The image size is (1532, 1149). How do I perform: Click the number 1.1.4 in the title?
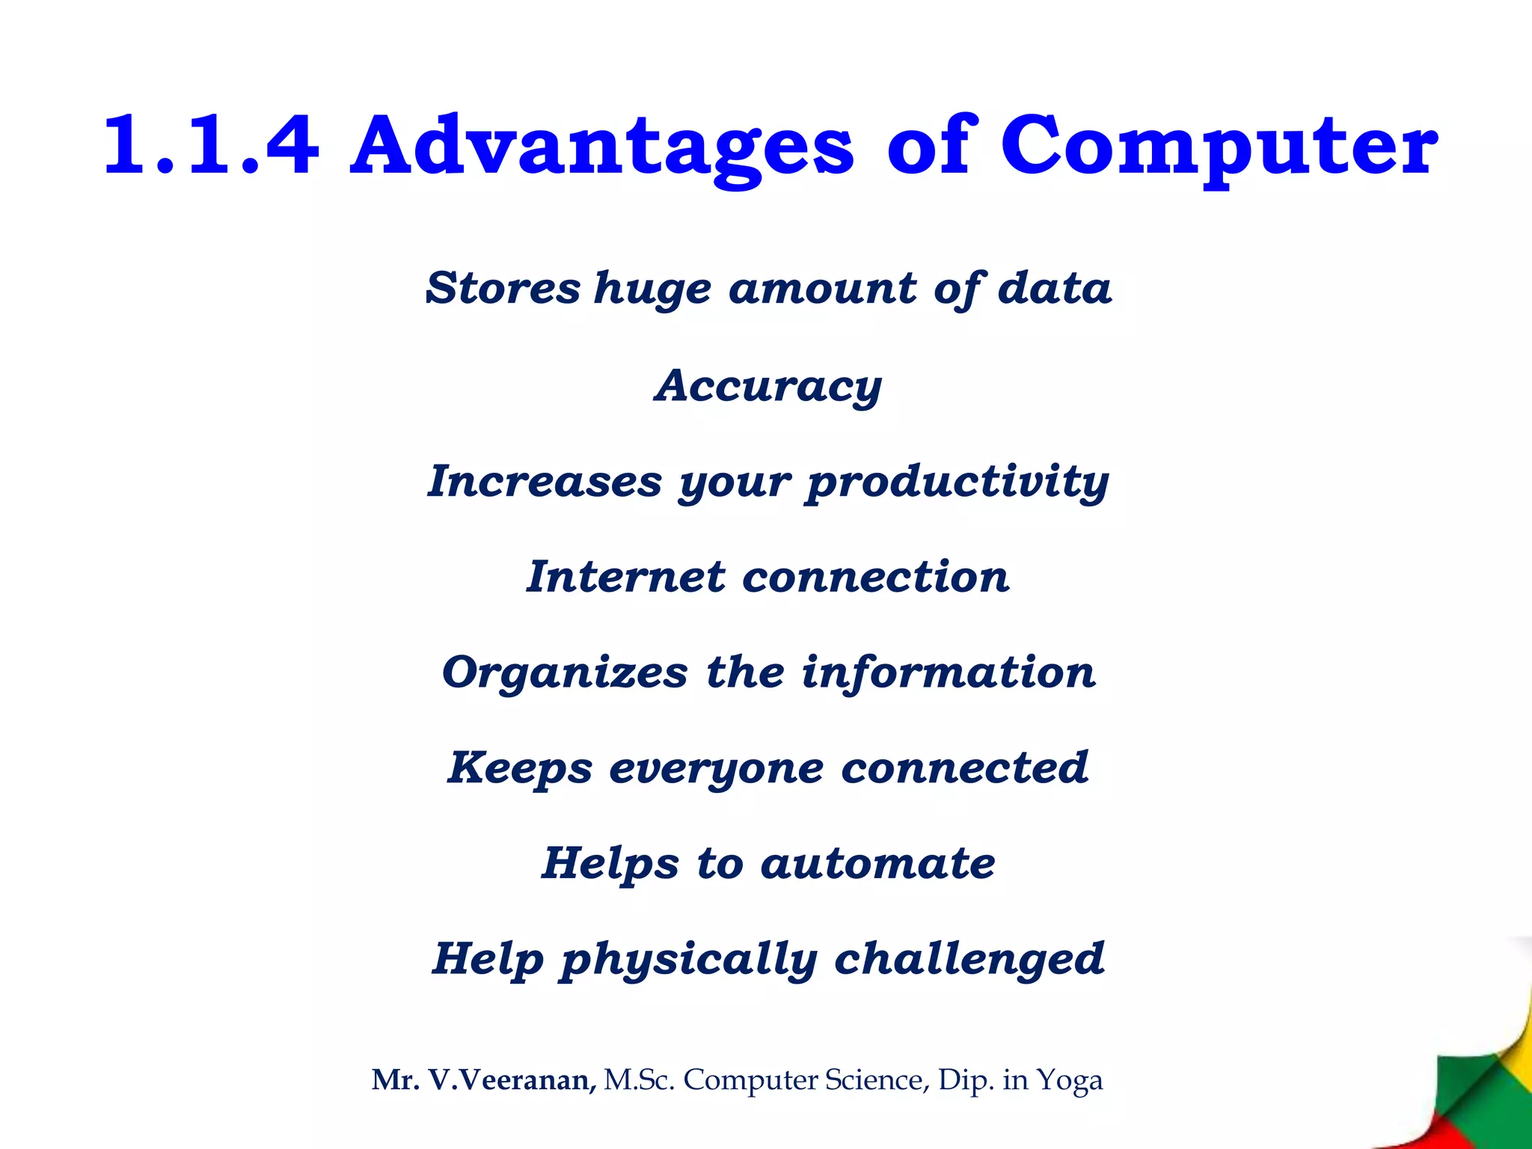point(212,145)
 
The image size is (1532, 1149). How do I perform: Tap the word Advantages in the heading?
point(601,145)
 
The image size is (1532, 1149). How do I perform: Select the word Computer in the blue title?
point(1218,145)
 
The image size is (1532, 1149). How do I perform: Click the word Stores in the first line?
point(503,288)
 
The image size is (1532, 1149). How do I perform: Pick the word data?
point(1055,288)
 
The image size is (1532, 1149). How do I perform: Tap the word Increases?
point(545,480)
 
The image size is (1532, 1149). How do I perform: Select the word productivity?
point(957,482)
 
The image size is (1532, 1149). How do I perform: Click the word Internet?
point(625,577)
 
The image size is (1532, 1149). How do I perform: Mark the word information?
point(949,672)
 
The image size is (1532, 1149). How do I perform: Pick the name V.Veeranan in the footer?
point(512,1080)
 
